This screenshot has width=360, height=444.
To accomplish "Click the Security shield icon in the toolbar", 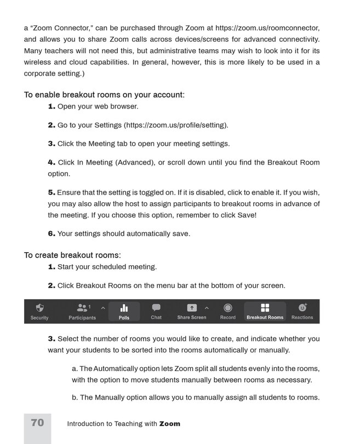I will point(39,309).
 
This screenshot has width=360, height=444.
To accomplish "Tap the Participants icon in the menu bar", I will point(82,309).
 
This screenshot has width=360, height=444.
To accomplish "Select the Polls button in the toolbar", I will point(124,311).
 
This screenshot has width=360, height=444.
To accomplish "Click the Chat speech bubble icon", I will point(156,308).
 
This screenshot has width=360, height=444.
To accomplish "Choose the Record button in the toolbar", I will point(227,308).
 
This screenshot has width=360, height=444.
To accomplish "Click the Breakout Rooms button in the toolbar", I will point(265,311).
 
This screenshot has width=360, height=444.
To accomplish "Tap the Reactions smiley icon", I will point(302,308).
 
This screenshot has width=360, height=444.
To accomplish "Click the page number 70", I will point(37,423).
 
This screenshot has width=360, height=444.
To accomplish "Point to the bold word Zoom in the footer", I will point(169,424).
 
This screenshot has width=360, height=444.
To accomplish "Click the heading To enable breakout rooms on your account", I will point(104,95).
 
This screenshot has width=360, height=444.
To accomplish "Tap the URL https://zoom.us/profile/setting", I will point(176,125).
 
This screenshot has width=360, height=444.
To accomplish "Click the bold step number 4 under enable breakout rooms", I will point(52,162).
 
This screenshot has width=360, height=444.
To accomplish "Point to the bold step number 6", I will point(52,234).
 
